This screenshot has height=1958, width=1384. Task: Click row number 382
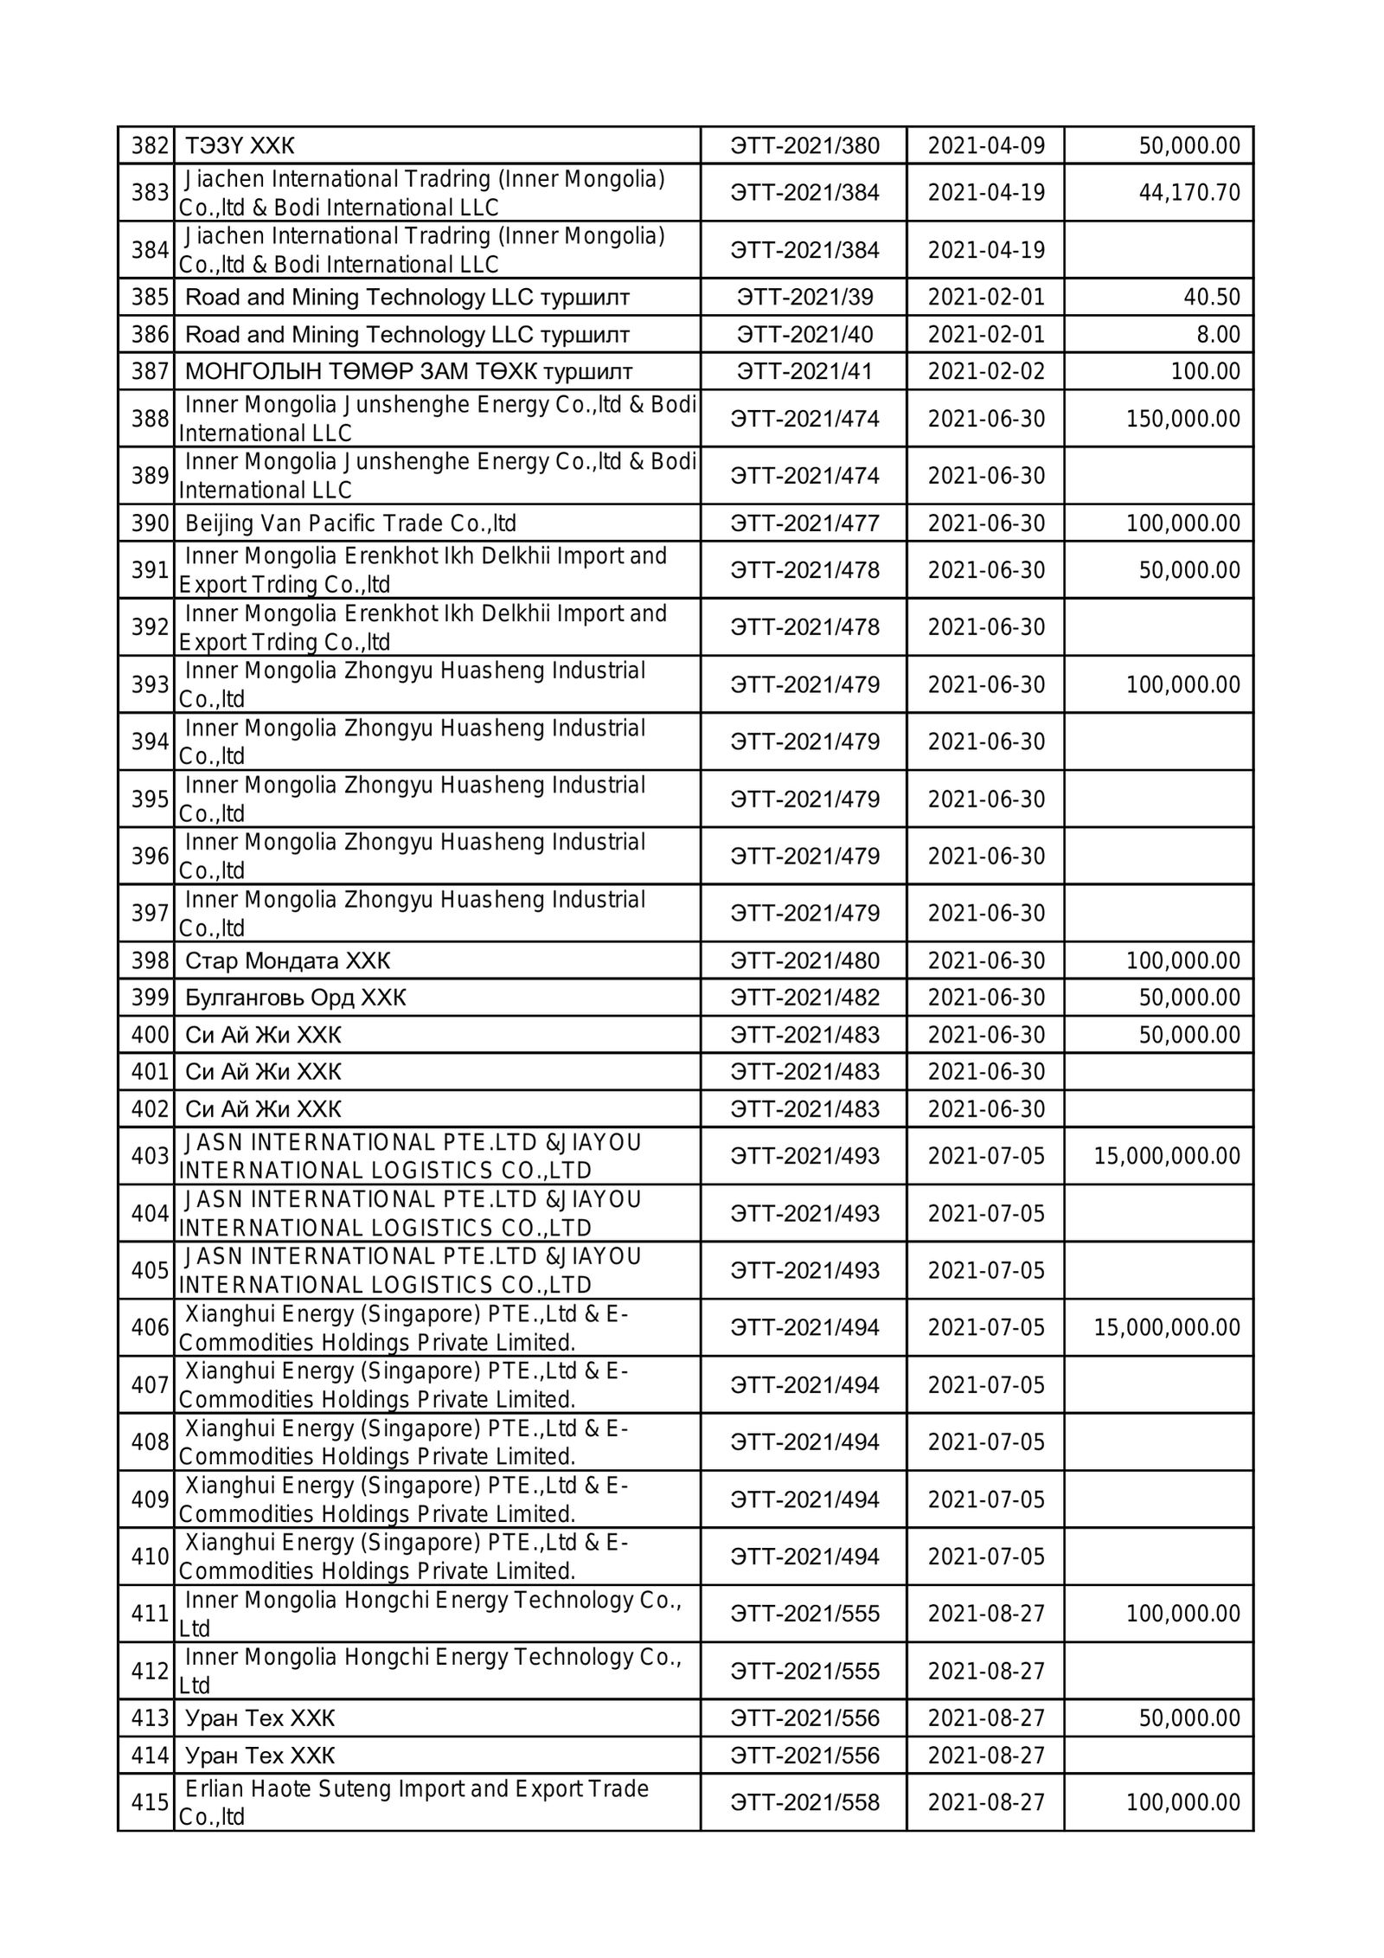pos(149,145)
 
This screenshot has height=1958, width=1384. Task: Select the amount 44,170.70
pos(1189,192)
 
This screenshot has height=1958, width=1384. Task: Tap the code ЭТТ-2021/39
pos(804,297)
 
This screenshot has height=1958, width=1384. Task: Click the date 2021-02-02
pos(986,371)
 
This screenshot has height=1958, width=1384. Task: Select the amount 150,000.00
pos(1182,419)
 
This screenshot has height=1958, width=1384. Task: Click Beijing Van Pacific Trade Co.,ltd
pos(350,523)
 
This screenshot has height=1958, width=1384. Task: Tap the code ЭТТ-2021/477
pos(804,523)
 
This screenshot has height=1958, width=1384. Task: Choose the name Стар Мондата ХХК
pos(288,960)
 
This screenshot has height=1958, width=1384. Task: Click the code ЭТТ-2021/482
pos(804,998)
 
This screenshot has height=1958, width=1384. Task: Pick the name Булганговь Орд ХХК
pos(296,998)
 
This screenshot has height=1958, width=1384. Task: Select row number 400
pos(149,1035)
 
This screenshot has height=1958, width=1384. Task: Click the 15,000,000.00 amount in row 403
pos(1167,1156)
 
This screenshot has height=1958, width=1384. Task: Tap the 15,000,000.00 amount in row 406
pos(1167,1327)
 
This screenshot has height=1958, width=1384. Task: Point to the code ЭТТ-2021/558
pos(804,1802)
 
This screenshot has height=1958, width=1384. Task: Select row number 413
pos(149,1717)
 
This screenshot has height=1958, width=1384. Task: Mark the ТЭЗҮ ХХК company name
pos(240,145)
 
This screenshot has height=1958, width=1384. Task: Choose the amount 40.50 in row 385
pos(1212,297)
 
